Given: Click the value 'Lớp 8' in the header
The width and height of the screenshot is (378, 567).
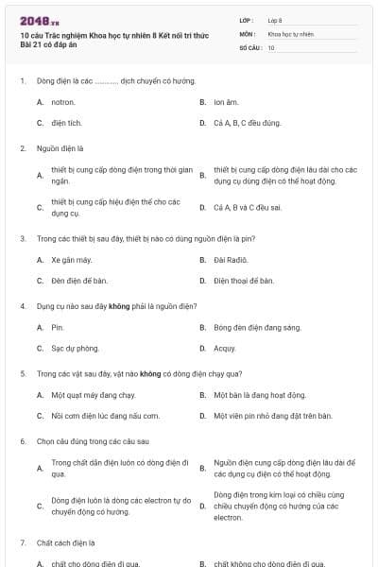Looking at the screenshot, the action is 275,20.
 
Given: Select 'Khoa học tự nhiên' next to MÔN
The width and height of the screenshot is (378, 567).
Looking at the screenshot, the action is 290,33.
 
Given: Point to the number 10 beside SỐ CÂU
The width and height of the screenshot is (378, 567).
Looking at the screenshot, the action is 271,46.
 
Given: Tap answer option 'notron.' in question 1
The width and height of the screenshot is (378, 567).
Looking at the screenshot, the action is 63,101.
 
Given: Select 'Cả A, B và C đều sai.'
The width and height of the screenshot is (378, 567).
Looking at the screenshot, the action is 248,207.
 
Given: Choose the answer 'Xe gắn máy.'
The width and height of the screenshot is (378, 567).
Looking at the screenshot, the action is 72,259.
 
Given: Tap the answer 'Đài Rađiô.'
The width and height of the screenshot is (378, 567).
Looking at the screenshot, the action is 231,259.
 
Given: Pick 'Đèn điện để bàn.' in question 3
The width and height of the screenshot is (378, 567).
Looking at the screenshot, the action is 79,281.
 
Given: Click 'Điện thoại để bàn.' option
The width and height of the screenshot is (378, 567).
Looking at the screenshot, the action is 244,281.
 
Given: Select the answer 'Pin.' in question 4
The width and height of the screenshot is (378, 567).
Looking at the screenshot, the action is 58,327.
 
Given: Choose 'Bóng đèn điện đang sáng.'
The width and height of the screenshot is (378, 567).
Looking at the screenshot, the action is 257,327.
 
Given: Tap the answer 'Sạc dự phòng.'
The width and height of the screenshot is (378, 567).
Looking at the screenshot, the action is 75,349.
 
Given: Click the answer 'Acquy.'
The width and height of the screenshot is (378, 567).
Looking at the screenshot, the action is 225,349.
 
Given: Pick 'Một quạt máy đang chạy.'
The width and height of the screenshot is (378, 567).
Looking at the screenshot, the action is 94,395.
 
